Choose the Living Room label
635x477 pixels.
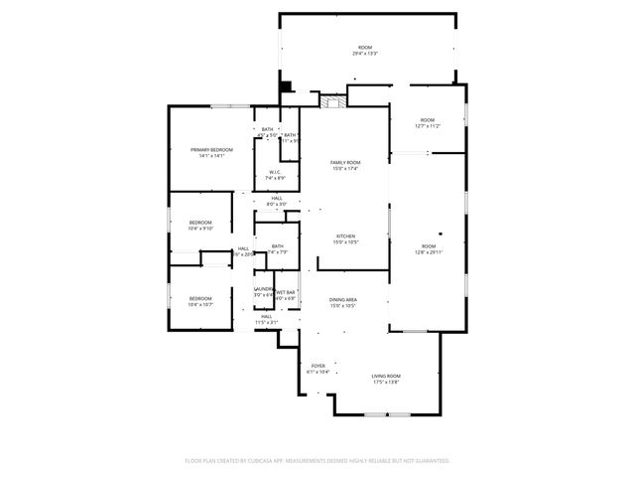pyautogui.click(x=386, y=378)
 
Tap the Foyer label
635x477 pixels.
pyautogui.click(x=318, y=368)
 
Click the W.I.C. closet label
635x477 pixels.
pyautogui.click(x=275, y=174)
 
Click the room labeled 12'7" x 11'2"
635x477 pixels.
pyautogui.click(x=429, y=122)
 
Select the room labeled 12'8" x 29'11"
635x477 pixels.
pyautogui.click(x=429, y=248)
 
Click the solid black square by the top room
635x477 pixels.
pyautogui.click(x=286, y=87)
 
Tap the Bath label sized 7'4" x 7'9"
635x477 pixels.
pyautogui.click(x=277, y=248)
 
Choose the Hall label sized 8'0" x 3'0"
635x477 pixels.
pyautogui.click(x=276, y=201)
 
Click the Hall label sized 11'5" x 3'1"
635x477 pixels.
pyautogui.click(x=267, y=319)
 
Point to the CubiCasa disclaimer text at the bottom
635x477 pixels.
pyautogui.click(x=317, y=460)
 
